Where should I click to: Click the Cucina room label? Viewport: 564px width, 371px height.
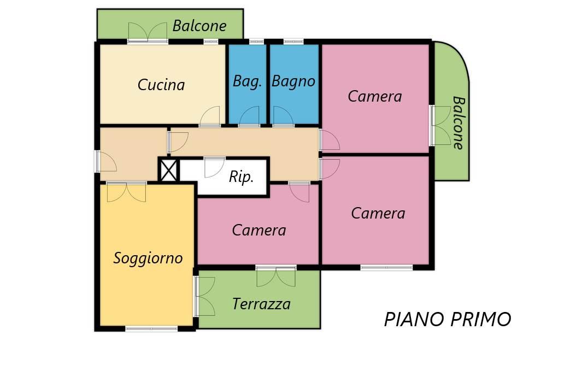[x=161, y=85]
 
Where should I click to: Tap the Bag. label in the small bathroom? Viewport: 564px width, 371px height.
[x=248, y=81]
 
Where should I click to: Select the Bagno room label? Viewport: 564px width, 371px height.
[x=293, y=81]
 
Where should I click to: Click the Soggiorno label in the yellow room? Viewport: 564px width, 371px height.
[x=148, y=258]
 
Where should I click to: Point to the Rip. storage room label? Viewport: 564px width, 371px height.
[x=241, y=177]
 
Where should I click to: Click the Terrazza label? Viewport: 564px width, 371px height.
[x=261, y=304]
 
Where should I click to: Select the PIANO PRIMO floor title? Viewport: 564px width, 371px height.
[x=448, y=320]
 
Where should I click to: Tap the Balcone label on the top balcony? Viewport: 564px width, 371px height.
[x=199, y=26]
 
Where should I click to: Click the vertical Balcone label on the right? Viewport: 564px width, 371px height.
[x=458, y=122]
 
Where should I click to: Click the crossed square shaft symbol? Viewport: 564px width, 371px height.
[x=168, y=170]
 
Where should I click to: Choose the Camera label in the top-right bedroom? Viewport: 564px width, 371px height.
[x=375, y=97]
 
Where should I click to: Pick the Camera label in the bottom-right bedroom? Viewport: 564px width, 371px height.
[x=378, y=213]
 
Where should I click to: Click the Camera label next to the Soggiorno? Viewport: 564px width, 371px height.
[x=259, y=230]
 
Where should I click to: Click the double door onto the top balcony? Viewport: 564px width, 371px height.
[x=148, y=32]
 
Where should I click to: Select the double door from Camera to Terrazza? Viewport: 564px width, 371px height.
[x=276, y=276]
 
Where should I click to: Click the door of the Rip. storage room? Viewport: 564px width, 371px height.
[x=214, y=167]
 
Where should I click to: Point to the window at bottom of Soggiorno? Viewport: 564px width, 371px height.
[x=151, y=328]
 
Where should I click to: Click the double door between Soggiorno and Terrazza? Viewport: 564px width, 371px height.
[x=204, y=296]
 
